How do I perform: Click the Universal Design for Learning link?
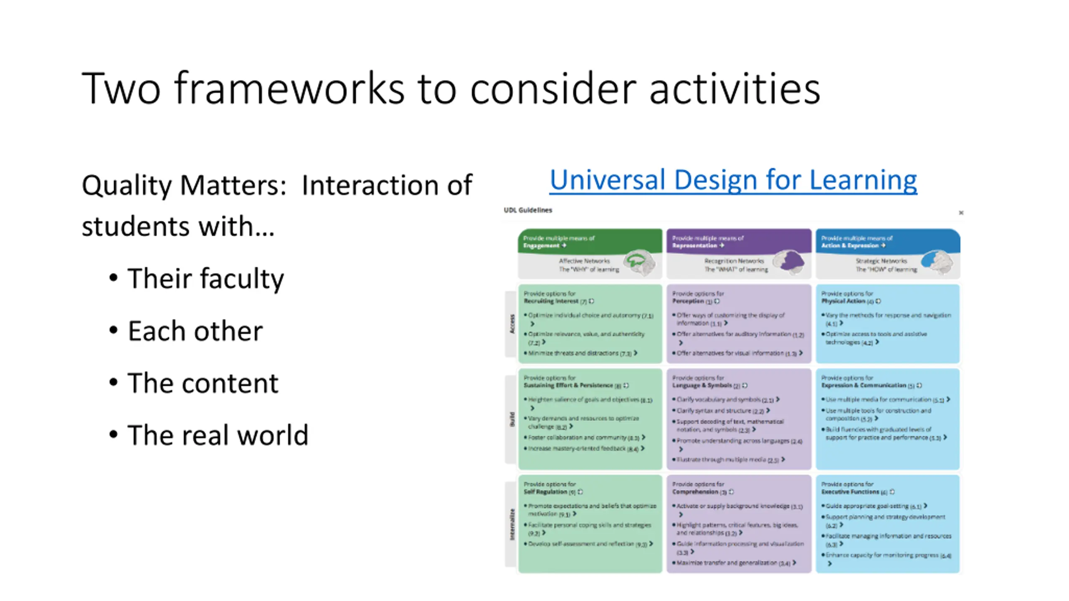tap(733, 180)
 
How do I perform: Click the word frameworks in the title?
tap(289, 88)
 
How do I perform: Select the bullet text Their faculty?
tap(205, 278)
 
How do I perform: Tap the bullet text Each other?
tap(195, 331)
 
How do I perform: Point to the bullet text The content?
tap(203, 383)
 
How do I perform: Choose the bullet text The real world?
tap(218, 435)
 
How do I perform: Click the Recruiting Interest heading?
tap(551, 301)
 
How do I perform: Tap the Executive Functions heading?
tap(850, 492)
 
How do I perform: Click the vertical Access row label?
tap(512, 324)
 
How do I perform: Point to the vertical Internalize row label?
tap(512, 524)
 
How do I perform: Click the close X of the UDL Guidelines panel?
tap(961, 213)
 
